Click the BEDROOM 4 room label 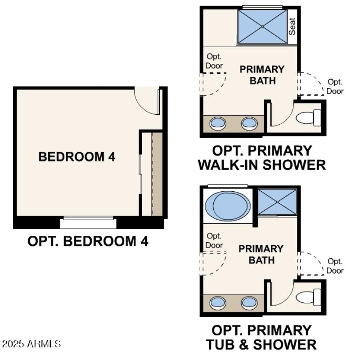click(x=77, y=157)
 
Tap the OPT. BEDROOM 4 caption click(x=88, y=241)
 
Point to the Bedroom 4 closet click(x=152, y=173)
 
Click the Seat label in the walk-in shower click(x=292, y=27)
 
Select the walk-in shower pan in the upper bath click(x=262, y=27)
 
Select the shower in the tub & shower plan click(x=277, y=202)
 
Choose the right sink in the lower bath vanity click(x=249, y=302)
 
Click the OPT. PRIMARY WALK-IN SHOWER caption click(x=261, y=157)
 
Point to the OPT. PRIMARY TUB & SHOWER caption click(x=261, y=337)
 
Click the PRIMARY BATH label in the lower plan click(x=261, y=254)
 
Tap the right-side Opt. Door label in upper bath click(x=335, y=86)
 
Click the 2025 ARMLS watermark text click(x=31, y=344)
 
